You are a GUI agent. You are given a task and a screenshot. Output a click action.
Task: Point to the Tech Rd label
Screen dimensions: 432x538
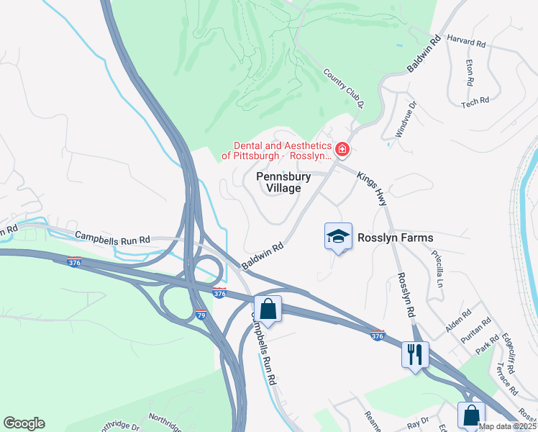tap(475, 102)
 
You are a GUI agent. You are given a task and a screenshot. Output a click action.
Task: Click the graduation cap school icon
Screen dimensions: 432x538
tap(338, 236)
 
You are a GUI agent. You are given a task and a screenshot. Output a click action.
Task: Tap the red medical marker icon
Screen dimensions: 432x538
tap(342, 150)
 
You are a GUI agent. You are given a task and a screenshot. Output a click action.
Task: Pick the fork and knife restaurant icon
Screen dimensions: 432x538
tap(416, 354)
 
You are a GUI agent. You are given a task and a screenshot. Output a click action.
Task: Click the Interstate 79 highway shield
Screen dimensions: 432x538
tap(202, 315)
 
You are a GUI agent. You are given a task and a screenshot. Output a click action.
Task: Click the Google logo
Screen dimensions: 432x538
tap(24, 423)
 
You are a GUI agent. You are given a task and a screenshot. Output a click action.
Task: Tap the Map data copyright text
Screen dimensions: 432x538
tap(507, 426)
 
